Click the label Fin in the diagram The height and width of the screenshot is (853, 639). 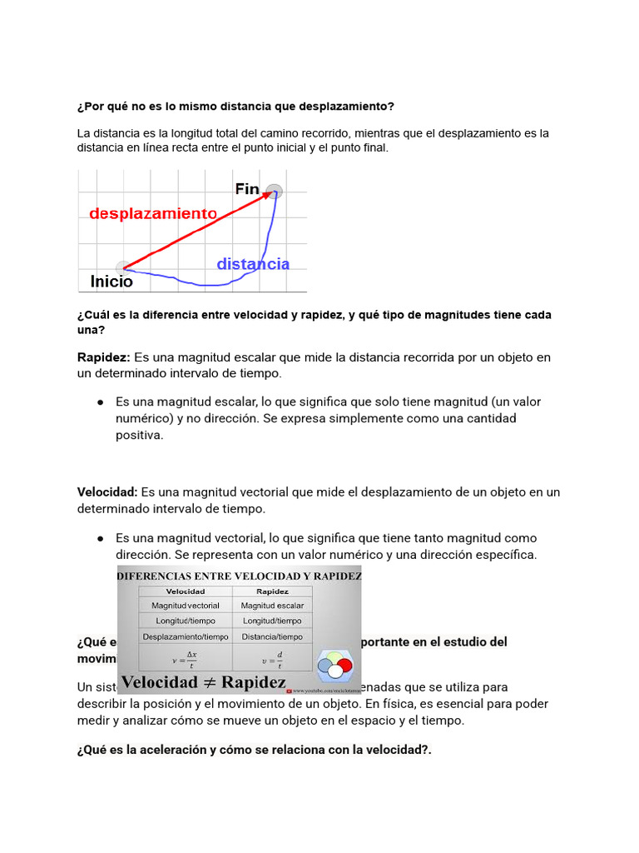(x=247, y=189)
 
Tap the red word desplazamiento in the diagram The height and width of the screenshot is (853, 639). (x=153, y=213)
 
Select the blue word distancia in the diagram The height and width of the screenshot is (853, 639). (x=253, y=264)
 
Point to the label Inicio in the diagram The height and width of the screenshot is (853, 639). (x=111, y=282)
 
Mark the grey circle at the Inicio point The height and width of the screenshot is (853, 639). (x=124, y=267)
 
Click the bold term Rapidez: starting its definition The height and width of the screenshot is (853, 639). (x=104, y=357)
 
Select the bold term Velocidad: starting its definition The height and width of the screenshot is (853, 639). (x=107, y=492)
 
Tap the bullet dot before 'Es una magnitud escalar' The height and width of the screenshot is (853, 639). (x=100, y=402)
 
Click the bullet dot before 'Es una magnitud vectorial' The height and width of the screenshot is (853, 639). (x=100, y=538)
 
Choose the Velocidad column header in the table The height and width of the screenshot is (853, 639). (x=185, y=591)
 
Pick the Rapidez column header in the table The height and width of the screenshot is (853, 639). (x=272, y=591)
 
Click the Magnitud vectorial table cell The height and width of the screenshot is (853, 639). (x=185, y=606)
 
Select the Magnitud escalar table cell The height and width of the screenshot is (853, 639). (x=272, y=606)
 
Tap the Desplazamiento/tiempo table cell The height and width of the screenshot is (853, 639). (x=185, y=636)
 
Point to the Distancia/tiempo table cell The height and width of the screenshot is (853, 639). (x=272, y=636)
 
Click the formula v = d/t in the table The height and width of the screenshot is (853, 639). (x=272, y=660)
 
